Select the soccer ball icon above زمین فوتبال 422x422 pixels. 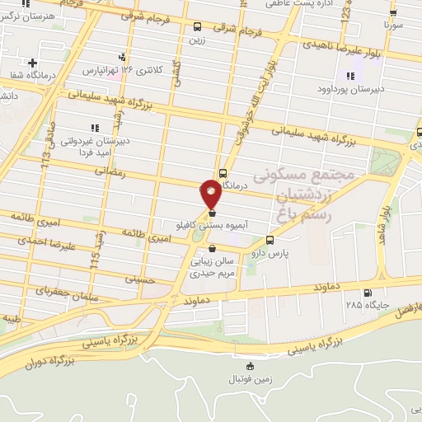pos(251,366)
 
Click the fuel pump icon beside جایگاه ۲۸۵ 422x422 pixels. pos(367,292)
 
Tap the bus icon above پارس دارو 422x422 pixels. pos(270,241)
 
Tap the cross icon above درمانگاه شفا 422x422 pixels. pos(32,63)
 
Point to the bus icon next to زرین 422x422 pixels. pos(196,26)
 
